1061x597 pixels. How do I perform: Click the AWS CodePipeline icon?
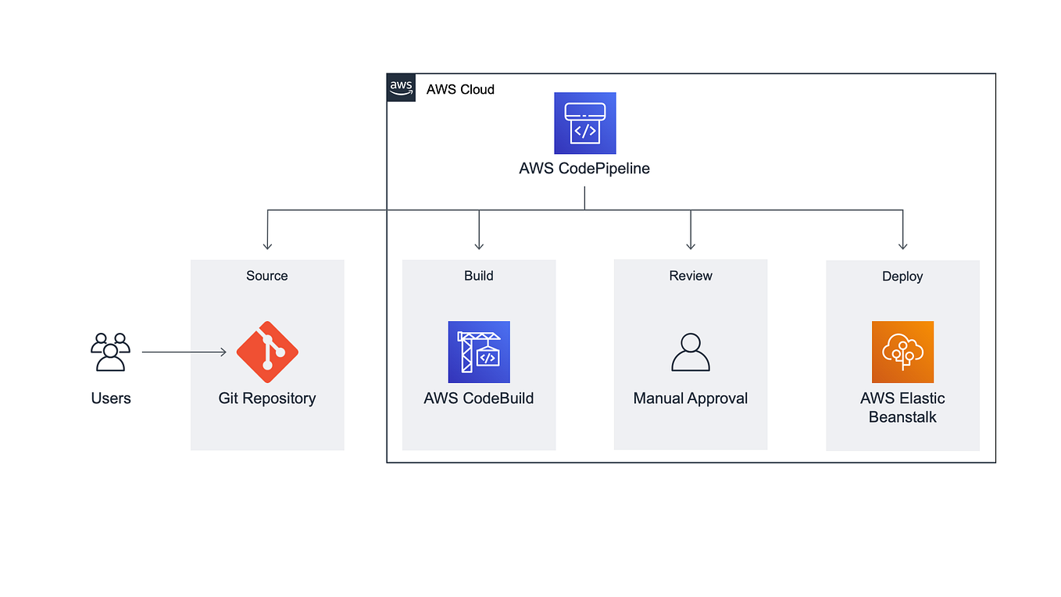click(x=584, y=123)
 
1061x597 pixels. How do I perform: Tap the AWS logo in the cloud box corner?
click(x=401, y=88)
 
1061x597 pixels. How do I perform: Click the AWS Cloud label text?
click(x=460, y=90)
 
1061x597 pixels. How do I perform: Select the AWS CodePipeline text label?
click(x=584, y=169)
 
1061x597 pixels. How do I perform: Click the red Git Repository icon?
click(x=267, y=352)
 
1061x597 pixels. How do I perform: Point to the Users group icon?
click(x=110, y=352)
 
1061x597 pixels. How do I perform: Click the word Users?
click(x=111, y=399)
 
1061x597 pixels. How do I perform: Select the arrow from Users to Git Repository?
click(x=184, y=352)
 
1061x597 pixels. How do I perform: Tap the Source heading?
click(x=267, y=276)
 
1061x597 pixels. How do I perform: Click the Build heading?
click(x=479, y=276)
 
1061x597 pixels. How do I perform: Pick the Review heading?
click(x=691, y=276)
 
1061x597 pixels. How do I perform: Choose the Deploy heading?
click(x=902, y=277)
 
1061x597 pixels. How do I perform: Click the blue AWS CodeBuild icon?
click(x=479, y=352)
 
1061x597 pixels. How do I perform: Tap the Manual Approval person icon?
click(x=691, y=352)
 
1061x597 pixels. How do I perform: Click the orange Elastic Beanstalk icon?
click(x=902, y=352)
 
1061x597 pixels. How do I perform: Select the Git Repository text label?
click(x=267, y=399)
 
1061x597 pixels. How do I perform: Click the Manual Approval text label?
click(x=691, y=399)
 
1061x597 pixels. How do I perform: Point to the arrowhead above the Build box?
click(x=479, y=245)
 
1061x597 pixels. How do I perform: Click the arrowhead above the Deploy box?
click(x=902, y=245)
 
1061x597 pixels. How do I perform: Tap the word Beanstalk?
click(x=902, y=417)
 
